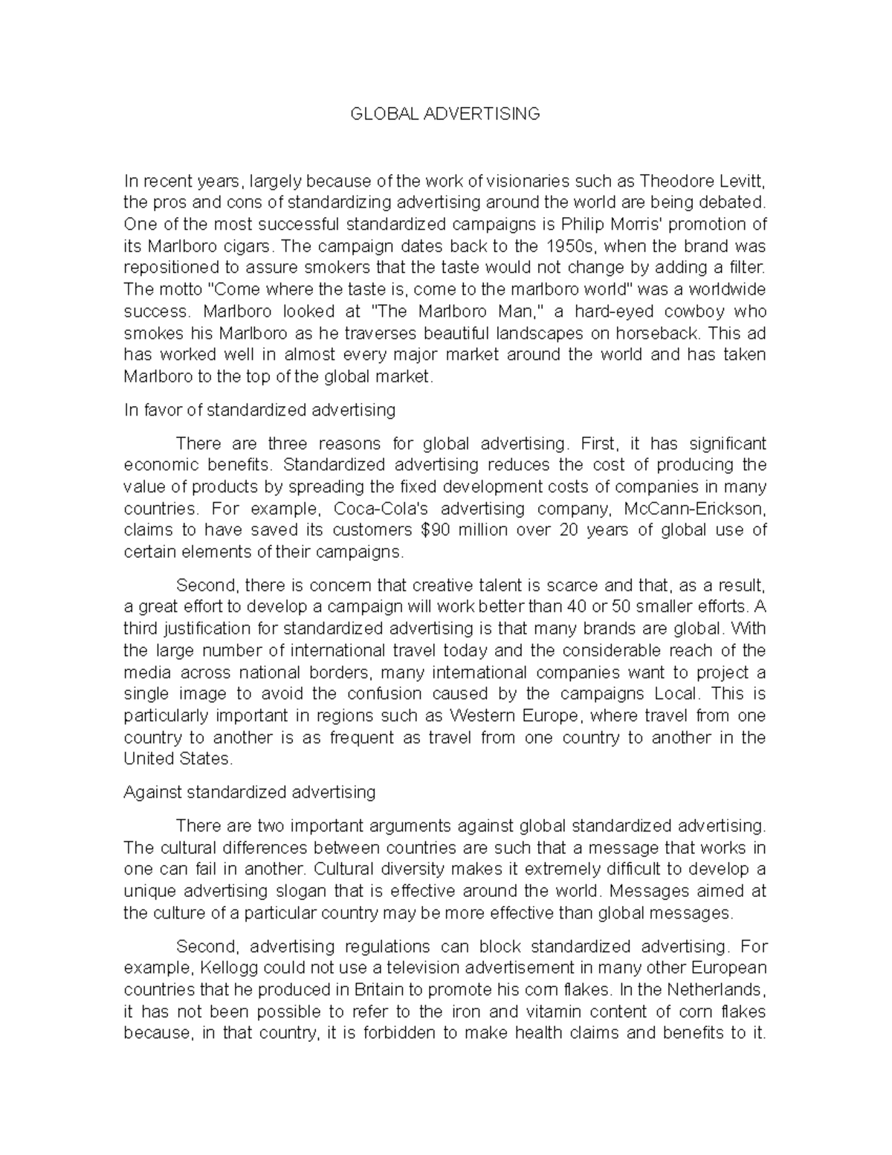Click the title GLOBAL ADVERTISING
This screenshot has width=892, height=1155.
point(445,114)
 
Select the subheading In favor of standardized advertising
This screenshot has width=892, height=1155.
point(259,410)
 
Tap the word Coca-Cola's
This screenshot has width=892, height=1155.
point(380,509)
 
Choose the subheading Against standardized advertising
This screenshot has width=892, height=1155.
point(249,793)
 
